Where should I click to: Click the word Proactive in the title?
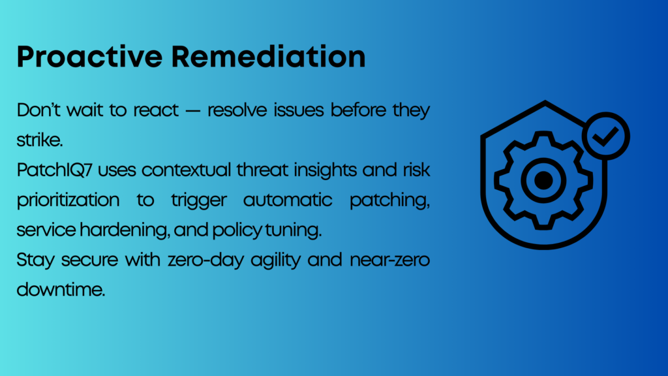(89, 57)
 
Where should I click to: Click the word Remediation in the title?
(268, 57)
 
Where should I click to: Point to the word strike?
(40, 140)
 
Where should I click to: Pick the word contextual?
(186, 170)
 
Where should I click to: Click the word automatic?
(288, 200)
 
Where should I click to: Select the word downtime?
(61, 290)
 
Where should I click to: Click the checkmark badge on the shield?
(606, 136)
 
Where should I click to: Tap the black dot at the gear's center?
(543, 180)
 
